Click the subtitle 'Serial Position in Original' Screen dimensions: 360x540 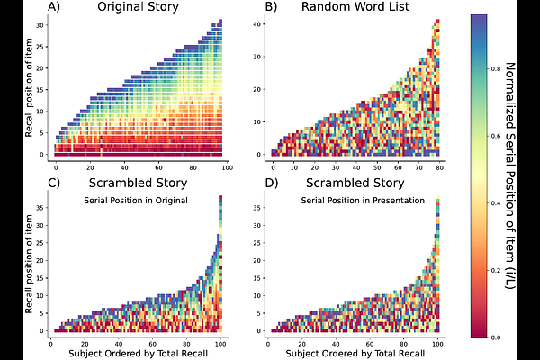pos(135,200)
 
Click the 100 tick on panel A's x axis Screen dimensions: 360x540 pos(227,167)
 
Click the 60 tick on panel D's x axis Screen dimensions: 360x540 pos(370,344)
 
